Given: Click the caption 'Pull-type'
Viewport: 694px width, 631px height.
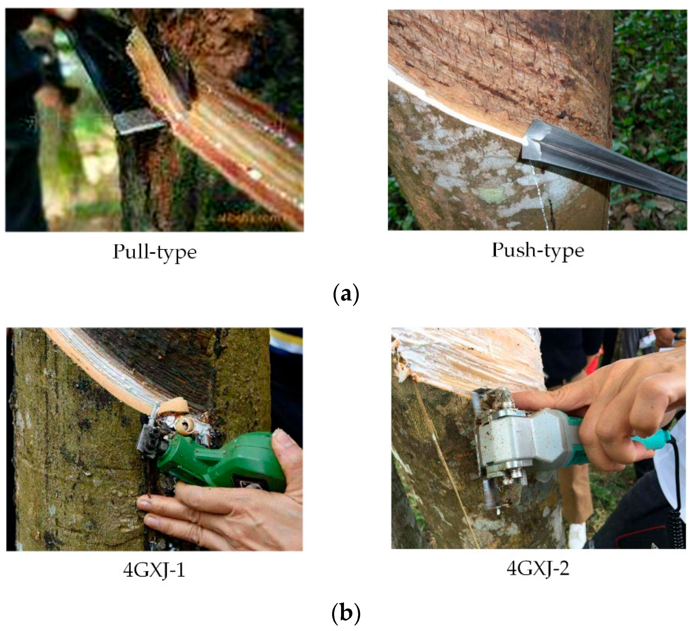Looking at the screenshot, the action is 155,252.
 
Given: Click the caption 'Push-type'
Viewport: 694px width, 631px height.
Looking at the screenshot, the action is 538,250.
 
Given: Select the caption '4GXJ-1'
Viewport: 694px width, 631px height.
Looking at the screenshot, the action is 154,571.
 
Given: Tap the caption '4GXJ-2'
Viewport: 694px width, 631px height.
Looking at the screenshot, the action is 538,568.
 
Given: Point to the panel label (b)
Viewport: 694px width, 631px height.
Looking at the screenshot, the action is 346,613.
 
